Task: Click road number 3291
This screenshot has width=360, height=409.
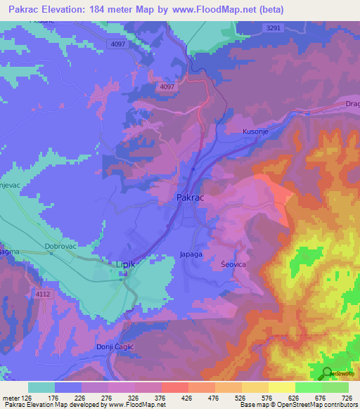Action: pos(274,28)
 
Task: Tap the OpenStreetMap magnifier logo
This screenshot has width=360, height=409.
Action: pos(327,373)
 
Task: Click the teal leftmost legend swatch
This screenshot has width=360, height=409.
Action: pos(41,387)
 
